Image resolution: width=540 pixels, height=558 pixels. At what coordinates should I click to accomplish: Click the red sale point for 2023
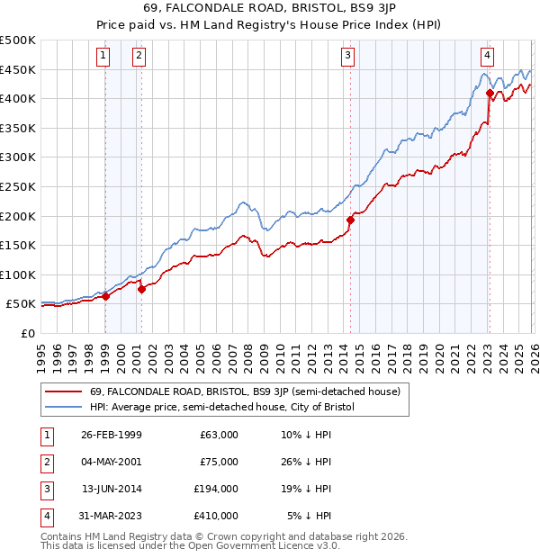click(x=489, y=93)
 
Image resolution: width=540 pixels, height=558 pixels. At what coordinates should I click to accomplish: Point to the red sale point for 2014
click(x=350, y=219)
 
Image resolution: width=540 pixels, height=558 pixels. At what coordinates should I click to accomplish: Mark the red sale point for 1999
click(x=105, y=296)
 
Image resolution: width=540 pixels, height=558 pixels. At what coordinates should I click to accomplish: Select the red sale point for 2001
click(x=140, y=289)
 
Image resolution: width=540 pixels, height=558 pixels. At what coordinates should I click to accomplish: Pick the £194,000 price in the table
click(x=217, y=489)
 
